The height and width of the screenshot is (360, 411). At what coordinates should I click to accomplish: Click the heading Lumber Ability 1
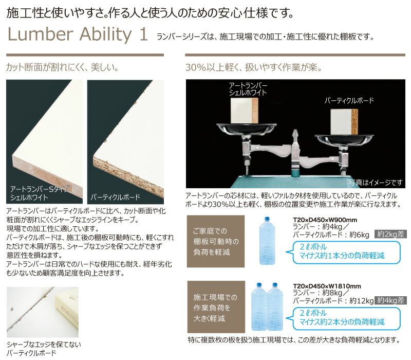78,35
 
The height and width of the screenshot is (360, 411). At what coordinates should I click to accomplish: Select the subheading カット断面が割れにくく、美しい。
62,67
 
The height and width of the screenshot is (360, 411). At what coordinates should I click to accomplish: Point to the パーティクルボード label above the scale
349,101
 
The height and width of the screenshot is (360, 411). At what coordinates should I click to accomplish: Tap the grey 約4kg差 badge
391,299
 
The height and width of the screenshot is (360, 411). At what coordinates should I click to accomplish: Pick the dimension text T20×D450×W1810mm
327,286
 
